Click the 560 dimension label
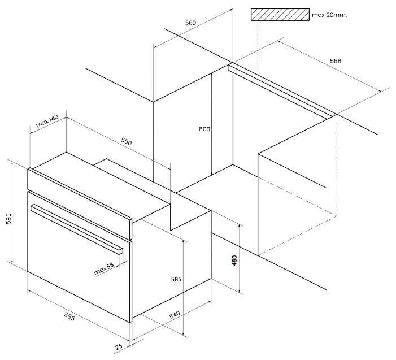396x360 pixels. coord(190,23)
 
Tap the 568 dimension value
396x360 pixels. coord(336,61)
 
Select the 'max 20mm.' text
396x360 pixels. coord(329,15)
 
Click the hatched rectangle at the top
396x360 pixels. coord(280,14)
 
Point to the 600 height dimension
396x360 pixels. coord(204,129)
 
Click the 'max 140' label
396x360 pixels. coord(47,121)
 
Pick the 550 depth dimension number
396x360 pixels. coord(127,142)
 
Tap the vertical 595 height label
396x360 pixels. coord(8,219)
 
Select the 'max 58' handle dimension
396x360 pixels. coord(104,269)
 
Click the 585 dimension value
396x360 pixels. coord(176,279)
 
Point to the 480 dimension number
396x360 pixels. coord(234,261)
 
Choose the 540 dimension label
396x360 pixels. coord(175,315)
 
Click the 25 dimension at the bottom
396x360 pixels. coord(119,346)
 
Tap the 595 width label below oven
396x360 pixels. coord(69,316)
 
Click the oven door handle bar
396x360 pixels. coord(76,229)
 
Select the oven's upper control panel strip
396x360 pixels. coord(80,204)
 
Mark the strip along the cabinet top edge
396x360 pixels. coord(282,91)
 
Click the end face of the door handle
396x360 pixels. coord(120,251)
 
